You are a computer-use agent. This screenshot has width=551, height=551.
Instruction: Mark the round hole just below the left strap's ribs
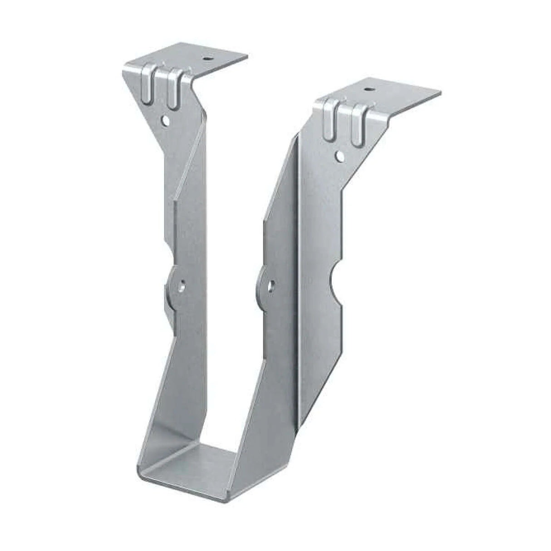coord(167,121)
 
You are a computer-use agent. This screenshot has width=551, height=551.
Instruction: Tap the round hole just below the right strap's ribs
coord(339,156)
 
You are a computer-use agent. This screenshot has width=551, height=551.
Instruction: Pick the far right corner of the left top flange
coord(247,57)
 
